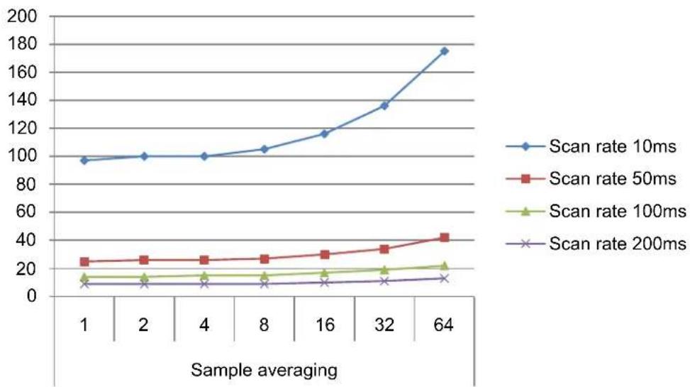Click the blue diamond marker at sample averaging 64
(444, 51)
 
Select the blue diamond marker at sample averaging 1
(84, 160)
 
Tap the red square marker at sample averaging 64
(444, 238)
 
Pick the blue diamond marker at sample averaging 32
(384, 106)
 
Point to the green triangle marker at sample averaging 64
(444, 266)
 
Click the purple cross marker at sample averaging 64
(444, 278)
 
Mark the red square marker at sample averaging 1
(84, 262)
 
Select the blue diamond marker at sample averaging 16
(324, 133)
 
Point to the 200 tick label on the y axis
(22, 16)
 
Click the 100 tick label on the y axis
(22, 156)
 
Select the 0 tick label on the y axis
(32, 296)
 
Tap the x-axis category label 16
(325, 325)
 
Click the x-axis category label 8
(264, 325)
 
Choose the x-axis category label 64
(444, 325)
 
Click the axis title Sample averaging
(264, 371)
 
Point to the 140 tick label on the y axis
(22, 101)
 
